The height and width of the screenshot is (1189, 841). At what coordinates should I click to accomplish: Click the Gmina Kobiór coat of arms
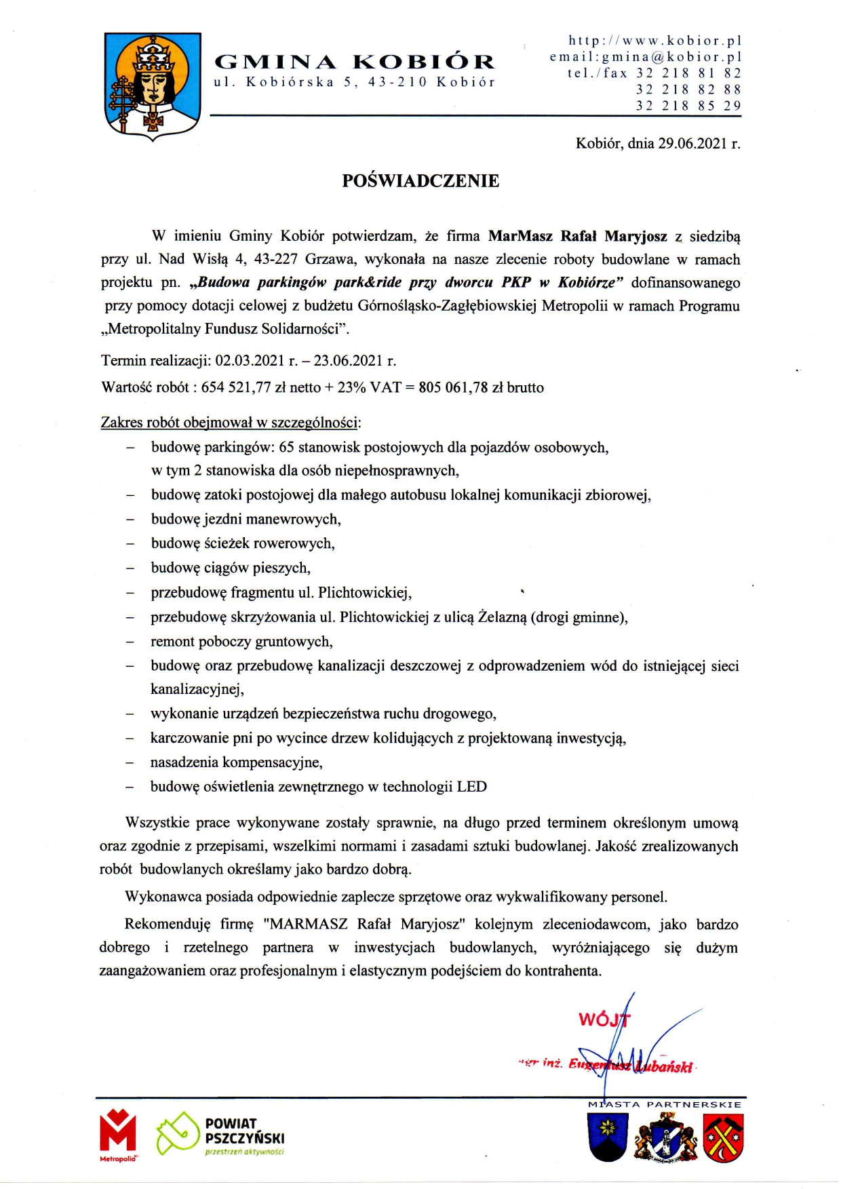point(153,85)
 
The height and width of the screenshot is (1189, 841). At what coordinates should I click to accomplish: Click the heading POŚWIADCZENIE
point(420,180)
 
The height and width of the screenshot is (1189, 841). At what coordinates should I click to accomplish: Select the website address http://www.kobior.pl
point(654,41)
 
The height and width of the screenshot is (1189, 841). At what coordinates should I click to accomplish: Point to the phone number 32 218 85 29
point(688,106)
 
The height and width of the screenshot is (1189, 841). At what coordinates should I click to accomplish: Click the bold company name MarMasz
point(520,236)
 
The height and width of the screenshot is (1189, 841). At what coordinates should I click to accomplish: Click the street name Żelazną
point(503,617)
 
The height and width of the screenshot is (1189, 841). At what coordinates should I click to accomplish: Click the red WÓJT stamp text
point(603,1019)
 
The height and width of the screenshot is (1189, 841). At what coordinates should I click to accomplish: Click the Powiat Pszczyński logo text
point(244,1131)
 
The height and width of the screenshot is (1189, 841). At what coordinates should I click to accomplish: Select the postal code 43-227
point(277,259)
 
